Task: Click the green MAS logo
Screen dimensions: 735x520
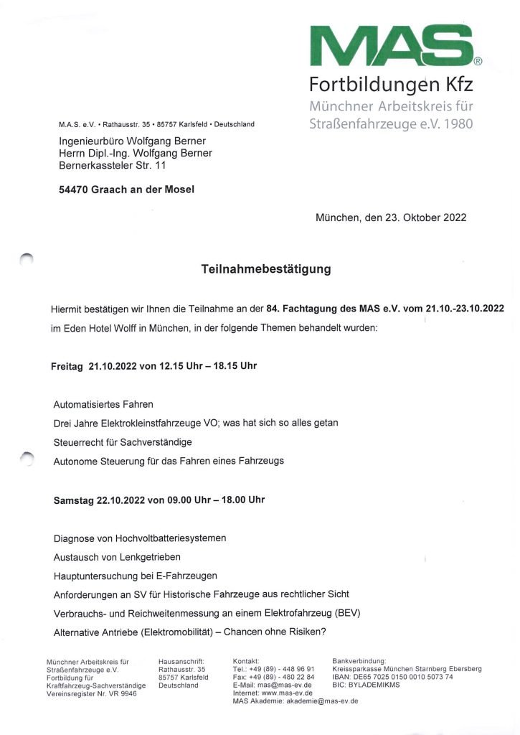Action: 391,47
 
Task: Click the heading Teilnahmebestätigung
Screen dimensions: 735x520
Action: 266,270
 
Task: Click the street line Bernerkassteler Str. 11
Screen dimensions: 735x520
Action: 113,165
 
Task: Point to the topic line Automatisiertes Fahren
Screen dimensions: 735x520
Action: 103,405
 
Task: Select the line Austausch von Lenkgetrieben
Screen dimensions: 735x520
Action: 117,556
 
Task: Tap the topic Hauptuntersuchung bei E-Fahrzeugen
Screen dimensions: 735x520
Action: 136,575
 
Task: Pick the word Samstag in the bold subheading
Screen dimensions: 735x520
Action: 74,499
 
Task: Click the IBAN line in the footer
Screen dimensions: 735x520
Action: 393,676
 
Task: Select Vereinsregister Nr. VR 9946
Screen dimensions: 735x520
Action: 91,693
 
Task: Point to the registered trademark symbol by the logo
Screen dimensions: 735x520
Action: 478,62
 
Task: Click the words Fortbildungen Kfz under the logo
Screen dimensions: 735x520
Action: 391,85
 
